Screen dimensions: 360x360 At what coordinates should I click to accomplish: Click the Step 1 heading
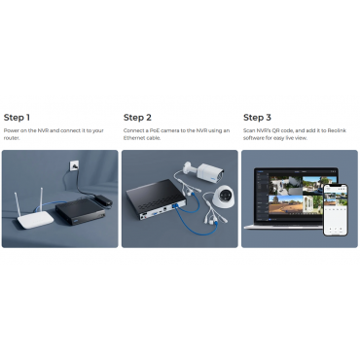tap(17, 118)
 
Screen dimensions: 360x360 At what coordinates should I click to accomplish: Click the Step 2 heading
tap(137, 118)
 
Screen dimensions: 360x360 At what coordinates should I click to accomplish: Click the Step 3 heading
tap(257, 118)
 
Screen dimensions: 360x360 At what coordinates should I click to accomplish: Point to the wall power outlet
tap(73, 165)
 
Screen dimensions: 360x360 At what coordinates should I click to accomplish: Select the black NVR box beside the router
tap(81, 211)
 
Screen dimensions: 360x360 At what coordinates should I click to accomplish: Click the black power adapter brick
tap(104, 200)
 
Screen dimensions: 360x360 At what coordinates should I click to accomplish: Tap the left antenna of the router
tap(18, 204)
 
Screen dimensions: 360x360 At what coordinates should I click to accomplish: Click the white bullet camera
tap(204, 171)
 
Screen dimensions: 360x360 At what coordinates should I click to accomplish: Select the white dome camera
tap(223, 198)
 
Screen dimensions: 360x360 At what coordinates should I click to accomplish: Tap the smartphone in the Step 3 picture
tap(336, 210)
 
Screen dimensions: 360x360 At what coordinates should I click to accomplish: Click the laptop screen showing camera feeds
tap(296, 196)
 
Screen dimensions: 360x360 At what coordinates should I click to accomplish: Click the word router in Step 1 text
tap(12, 138)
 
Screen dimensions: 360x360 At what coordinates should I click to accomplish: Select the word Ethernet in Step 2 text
tap(133, 138)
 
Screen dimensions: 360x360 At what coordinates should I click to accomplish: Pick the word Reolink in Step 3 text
tap(337, 130)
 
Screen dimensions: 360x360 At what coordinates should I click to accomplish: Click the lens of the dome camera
tap(224, 195)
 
